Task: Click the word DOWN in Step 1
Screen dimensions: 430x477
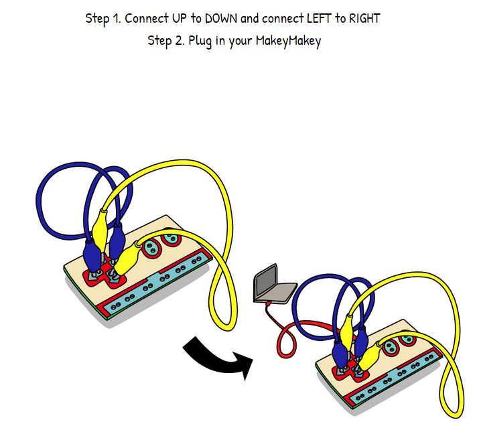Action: tap(216, 18)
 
